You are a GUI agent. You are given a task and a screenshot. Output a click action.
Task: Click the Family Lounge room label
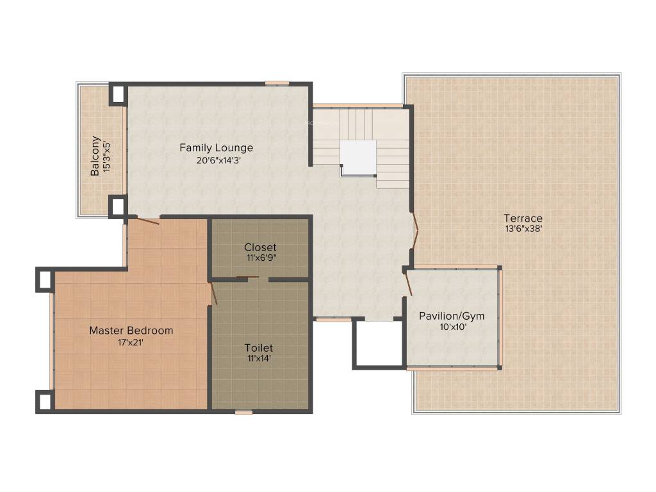(x=216, y=148)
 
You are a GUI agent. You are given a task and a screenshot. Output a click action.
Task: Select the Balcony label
(x=95, y=156)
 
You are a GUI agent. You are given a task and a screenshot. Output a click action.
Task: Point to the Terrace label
(x=523, y=218)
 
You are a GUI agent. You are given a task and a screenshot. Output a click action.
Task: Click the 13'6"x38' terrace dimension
(x=523, y=229)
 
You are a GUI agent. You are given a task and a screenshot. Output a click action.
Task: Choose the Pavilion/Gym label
(x=452, y=316)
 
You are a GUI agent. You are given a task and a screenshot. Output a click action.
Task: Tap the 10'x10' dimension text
(x=452, y=327)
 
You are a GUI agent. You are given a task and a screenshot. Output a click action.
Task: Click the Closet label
(x=260, y=247)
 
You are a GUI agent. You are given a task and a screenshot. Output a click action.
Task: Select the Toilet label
(x=259, y=348)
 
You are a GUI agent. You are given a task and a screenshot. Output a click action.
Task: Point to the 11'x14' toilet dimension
(x=259, y=358)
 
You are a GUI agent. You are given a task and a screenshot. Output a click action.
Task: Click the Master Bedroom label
(x=131, y=331)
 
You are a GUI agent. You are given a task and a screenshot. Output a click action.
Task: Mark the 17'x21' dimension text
(x=131, y=342)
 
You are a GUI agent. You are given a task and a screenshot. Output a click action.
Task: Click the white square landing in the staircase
(x=358, y=157)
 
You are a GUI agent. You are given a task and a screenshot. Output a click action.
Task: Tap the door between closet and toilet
(x=247, y=278)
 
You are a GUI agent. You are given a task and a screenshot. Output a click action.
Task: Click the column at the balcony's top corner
(x=117, y=94)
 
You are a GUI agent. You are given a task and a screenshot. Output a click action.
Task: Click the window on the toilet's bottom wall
(x=243, y=413)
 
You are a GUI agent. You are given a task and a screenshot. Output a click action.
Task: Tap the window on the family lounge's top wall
(x=277, y=83)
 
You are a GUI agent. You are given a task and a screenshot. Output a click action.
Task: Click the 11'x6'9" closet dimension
(x=260, y=258)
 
